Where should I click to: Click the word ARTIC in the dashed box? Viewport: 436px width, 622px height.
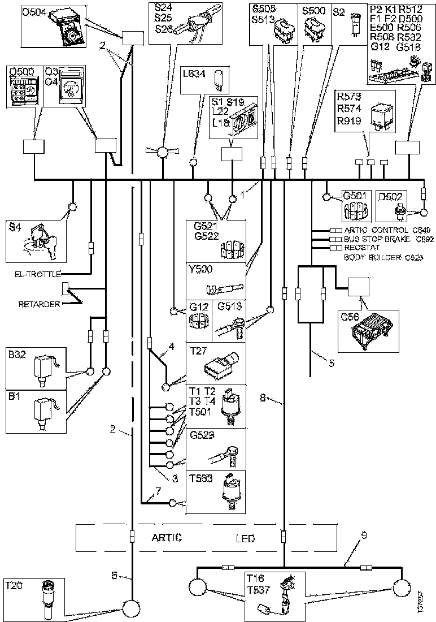(166, 537)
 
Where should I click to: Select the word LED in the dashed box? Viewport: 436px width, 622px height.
(245, 538)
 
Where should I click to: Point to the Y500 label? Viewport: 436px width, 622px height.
(199, 269)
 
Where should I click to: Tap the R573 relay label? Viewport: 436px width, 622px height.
(349, 95)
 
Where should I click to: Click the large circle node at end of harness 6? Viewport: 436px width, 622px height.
(132, 608)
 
